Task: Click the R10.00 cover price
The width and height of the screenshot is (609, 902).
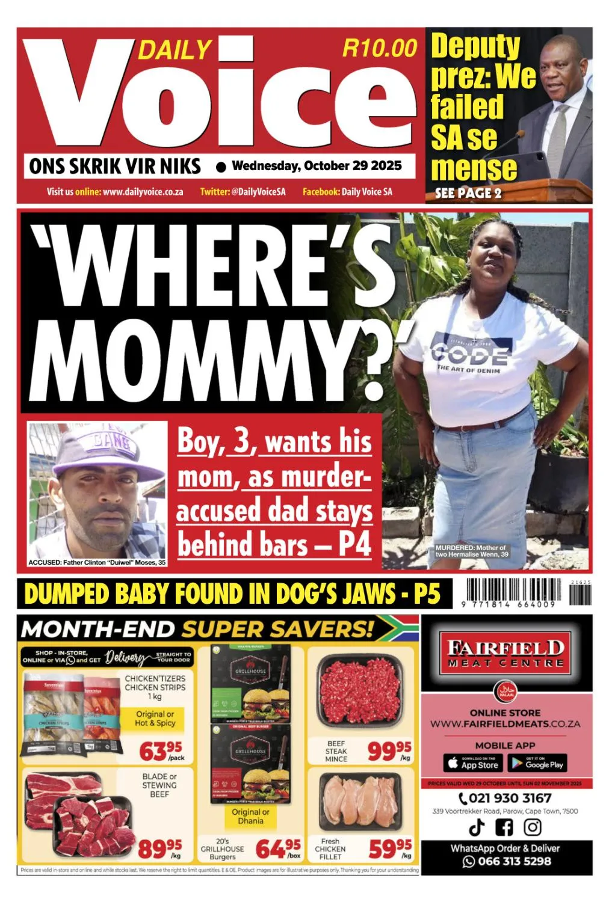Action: (379, 48)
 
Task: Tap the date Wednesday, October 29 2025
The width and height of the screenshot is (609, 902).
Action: (317, 166)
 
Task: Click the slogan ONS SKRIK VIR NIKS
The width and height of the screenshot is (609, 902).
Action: (114, 167)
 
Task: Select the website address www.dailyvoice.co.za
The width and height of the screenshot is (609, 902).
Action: (143, 192)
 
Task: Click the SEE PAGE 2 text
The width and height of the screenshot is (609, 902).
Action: (468, 193)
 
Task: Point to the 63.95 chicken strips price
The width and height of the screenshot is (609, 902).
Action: (160, 750)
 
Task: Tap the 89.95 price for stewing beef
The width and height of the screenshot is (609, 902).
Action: (159, 848)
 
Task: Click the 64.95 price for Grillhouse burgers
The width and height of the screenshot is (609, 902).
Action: (277, 848)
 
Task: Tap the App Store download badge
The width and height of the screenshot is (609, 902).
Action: (472, 764)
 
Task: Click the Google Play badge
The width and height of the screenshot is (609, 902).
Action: (537, 764)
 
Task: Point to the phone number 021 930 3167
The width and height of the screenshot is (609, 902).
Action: (505, 798)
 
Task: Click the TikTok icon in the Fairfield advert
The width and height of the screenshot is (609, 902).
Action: (477, 827)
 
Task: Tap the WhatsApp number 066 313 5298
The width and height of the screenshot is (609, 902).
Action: (507, 861)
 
